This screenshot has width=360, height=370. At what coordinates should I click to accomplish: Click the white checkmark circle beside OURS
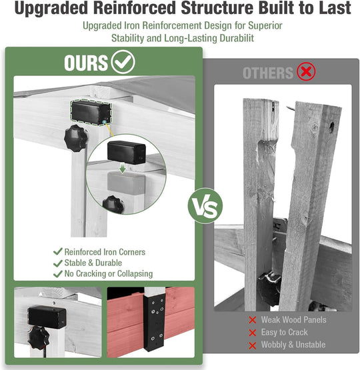(123, 62)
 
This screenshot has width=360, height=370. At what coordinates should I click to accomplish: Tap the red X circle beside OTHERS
(306, 71)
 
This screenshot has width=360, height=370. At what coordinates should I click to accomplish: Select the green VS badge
(205, 206)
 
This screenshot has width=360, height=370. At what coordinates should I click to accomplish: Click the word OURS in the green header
(86, 63)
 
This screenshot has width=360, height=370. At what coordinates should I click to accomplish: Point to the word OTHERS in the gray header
(268, 73)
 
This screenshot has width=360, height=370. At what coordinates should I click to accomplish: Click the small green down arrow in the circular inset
(122, 168)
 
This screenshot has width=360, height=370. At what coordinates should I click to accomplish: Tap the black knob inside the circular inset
(113, 205)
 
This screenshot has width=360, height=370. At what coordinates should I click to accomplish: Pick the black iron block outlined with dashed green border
(91, 113)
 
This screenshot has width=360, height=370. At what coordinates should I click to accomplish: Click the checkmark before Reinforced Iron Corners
(58, 251)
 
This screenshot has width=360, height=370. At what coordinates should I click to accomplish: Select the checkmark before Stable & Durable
(58, 263)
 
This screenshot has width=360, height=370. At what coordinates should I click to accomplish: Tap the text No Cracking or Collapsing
(109, 274)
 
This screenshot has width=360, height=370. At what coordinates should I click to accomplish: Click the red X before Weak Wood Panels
(253, 320)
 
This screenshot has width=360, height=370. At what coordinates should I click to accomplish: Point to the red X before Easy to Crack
(253, 333)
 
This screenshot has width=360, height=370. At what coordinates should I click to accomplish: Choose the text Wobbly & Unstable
(293, 345)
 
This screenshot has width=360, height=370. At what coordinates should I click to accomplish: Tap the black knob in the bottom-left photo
(39, 338)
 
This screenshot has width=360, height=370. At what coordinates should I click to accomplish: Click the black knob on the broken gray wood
(269, 289)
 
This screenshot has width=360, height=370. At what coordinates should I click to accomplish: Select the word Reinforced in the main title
(135, 8)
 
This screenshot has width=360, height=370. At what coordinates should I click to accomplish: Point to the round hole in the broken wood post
(331, 127)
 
